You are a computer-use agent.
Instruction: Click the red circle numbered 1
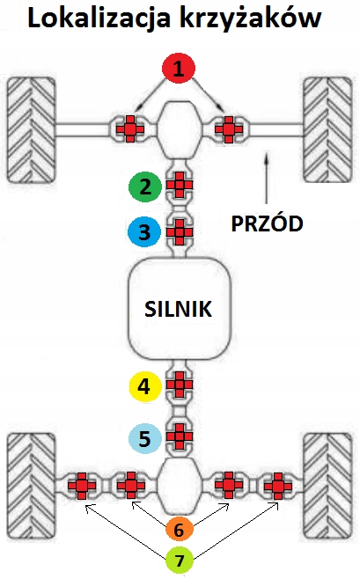coord(179,69)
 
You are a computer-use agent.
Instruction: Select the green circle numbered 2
coord(145,187)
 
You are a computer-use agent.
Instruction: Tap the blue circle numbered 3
coord(144,232)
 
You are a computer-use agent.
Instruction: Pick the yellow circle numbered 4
coord(144,386)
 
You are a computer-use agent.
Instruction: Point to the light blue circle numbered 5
coord(144,438)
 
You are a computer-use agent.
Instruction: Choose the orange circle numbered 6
coord(179,530)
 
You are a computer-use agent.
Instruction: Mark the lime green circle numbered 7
coord(180,561)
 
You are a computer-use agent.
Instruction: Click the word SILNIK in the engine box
coord(179,309)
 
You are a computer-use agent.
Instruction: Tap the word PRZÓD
coord(267,223)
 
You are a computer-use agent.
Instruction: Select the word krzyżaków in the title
coord(251,18)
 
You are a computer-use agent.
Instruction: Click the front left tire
coord(32,129)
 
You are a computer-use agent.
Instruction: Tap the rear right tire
coord(327,486)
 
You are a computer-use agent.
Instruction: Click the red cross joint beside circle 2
coord(180,185)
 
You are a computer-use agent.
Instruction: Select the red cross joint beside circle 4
coord(180,385)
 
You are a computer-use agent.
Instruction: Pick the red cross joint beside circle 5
coord(180,436)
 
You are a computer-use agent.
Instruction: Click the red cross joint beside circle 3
coord(180,232)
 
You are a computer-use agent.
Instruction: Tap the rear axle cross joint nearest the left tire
coord(82,486)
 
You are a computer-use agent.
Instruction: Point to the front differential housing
coord(180,129)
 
